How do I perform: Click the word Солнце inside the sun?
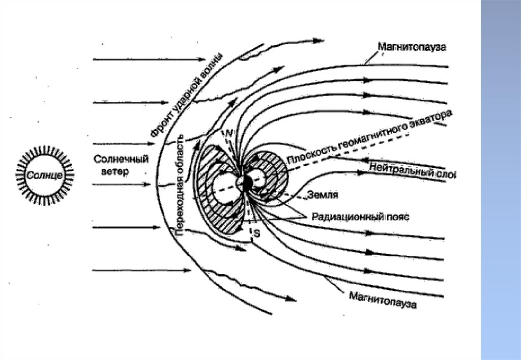44,175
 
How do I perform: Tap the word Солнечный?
121,160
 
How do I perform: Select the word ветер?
115,171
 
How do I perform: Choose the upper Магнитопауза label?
412,47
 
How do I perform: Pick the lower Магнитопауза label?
383,300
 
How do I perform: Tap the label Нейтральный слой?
412,171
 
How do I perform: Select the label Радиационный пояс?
361,217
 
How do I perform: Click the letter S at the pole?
257,233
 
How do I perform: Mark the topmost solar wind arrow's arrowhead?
202,59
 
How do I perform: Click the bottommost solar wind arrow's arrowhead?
187,271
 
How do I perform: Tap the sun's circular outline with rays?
45,175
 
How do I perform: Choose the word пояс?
398,217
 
